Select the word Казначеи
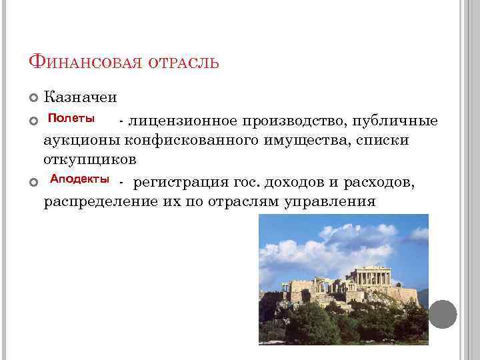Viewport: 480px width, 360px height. click(80, 97)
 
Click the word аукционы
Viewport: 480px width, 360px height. click(85, 141)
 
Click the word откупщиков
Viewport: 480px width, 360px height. click(90, 160)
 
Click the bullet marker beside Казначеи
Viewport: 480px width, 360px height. click(33, 98)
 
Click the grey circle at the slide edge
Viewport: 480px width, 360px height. click(443, 314)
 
